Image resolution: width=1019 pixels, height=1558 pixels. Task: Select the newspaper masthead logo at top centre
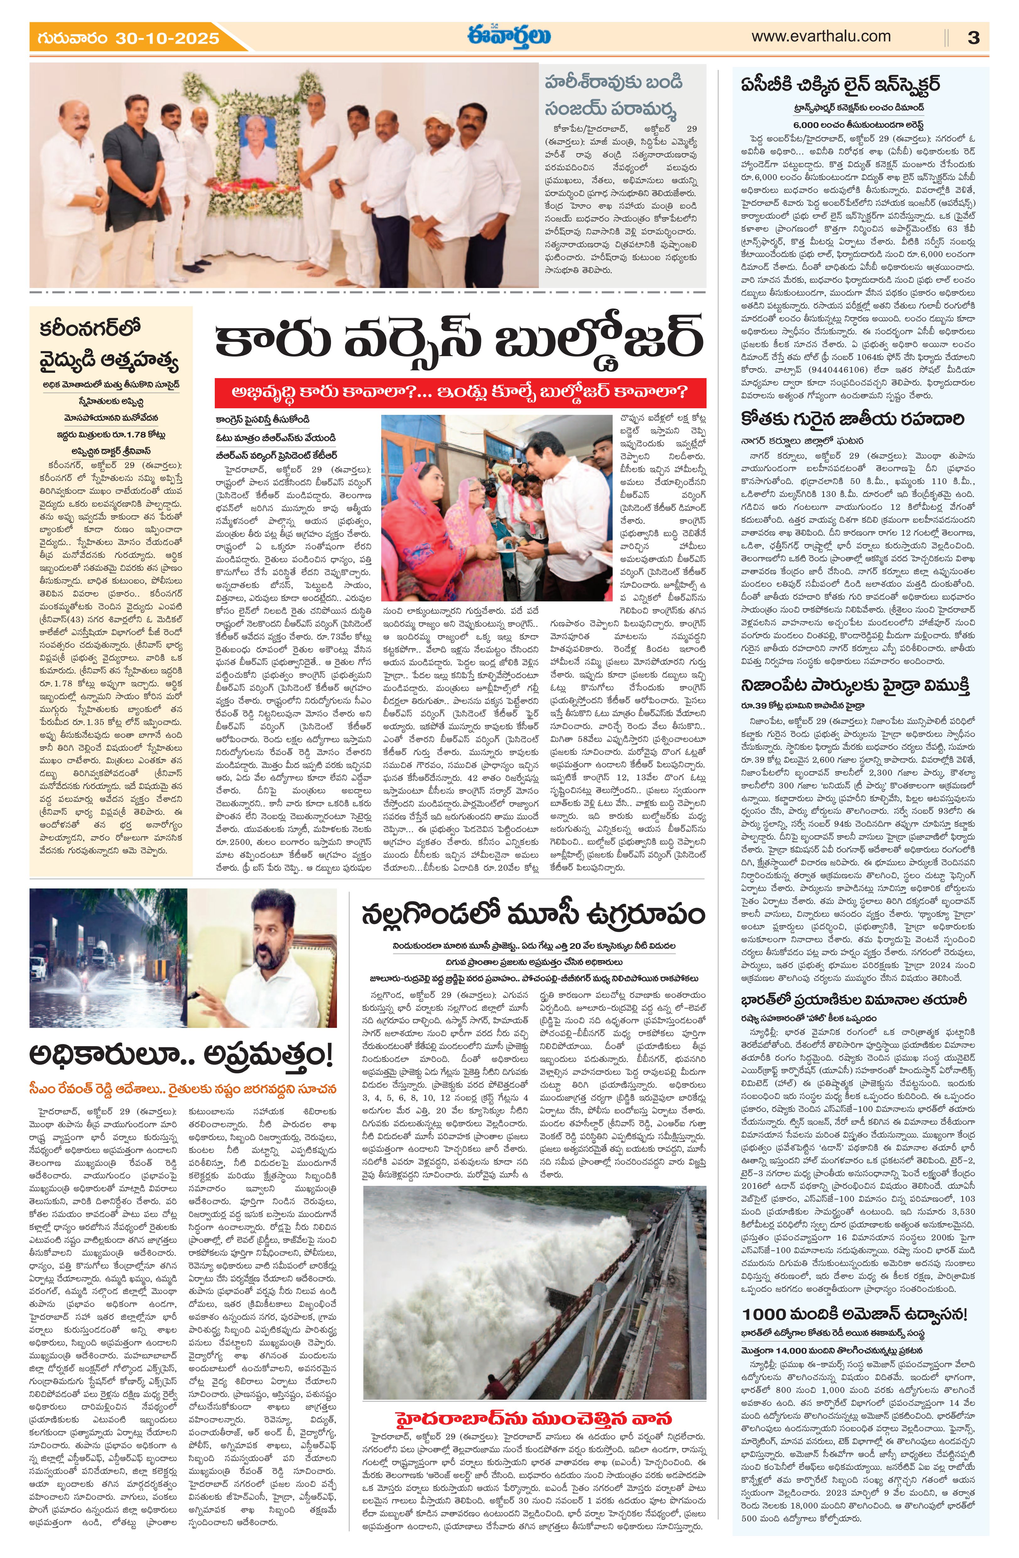coord(509,36)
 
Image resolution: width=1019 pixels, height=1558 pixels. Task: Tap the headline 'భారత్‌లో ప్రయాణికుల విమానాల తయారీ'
coord(854,1000)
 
